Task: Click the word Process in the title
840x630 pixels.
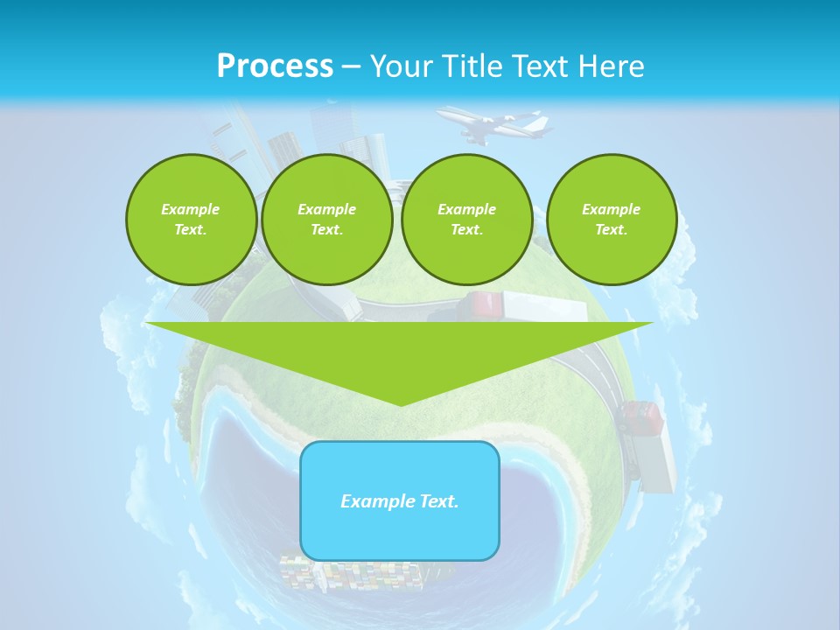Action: click(275, 66)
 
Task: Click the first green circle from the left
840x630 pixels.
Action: click(191, 220)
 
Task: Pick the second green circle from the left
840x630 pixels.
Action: click(327, 220)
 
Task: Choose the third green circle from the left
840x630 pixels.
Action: click(466, 220)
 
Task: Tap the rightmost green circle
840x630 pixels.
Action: click(611, 220)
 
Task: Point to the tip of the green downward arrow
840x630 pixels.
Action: click(401, 403)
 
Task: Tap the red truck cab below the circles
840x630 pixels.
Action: click(481, 305)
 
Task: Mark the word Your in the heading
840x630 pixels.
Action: click(402, 66)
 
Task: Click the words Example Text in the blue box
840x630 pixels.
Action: click(400, 501)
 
